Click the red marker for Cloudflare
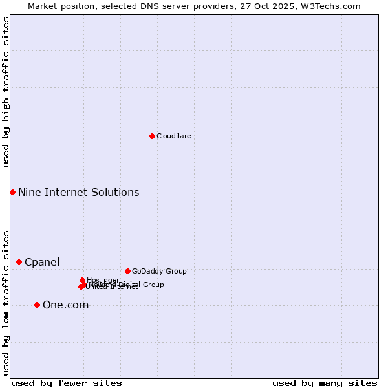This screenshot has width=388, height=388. [x=152, y=136]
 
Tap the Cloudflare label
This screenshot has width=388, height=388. [x=173, y=136]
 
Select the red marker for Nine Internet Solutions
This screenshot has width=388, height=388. [x=12, y=192]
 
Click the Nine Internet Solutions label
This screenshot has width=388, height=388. [x=78, y=192]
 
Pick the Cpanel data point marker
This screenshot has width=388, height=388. [x=19, y=262]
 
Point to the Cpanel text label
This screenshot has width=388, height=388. [x=42, y=262]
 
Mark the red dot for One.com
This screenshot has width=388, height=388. [x=37, y=305]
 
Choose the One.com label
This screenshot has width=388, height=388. [x=65, y=305]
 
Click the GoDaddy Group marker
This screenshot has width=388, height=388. [x=127, y=271]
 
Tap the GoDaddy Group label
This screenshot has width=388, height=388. [x=159, y=271]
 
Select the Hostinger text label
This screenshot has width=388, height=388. [x=103, y=280]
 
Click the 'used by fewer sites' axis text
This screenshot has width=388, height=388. [x=67, y=383]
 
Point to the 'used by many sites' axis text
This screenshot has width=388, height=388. [x=325, y=383]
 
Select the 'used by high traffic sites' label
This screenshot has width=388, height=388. [x=6, y=92]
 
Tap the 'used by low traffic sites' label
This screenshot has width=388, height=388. [x=6, y=302]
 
